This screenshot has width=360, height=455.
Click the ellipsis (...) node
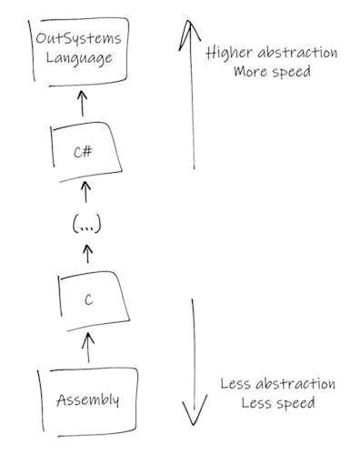pos(86,224)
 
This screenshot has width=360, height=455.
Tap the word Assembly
pos(88,400)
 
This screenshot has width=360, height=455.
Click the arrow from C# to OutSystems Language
pos(83,102)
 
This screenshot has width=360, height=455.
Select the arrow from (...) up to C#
pos(86,191)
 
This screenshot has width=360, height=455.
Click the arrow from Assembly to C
pos(88,346)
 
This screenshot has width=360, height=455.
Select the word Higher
pos(229,52)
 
